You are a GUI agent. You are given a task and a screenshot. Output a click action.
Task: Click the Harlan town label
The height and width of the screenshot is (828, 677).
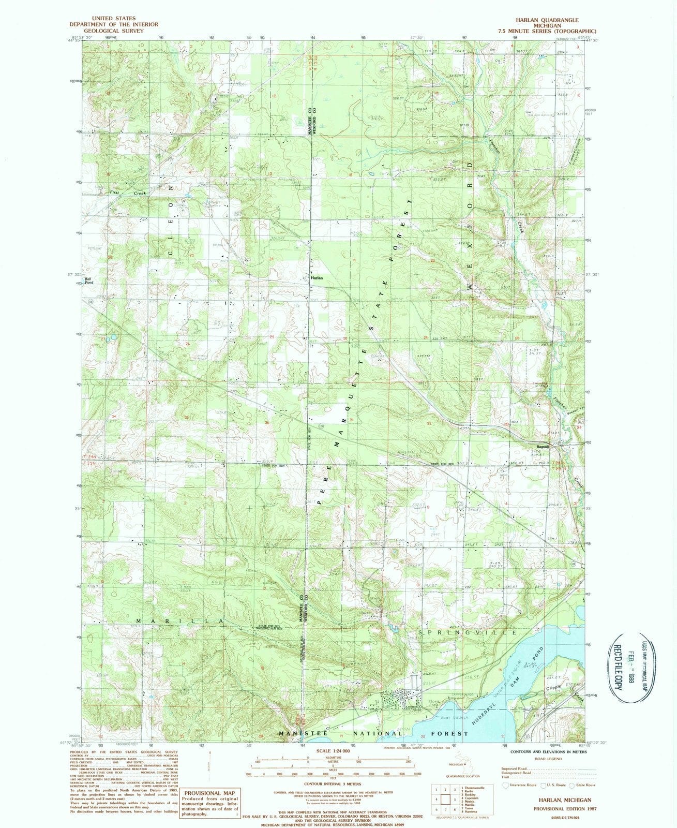tap(317, 278)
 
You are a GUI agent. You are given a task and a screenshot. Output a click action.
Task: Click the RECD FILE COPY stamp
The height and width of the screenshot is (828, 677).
tap(616, 668)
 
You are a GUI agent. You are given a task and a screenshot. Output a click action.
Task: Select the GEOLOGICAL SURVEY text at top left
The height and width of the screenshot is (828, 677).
tap(114, 31)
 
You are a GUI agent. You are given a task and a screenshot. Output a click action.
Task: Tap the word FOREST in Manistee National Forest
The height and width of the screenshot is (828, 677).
tap(447, 733)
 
